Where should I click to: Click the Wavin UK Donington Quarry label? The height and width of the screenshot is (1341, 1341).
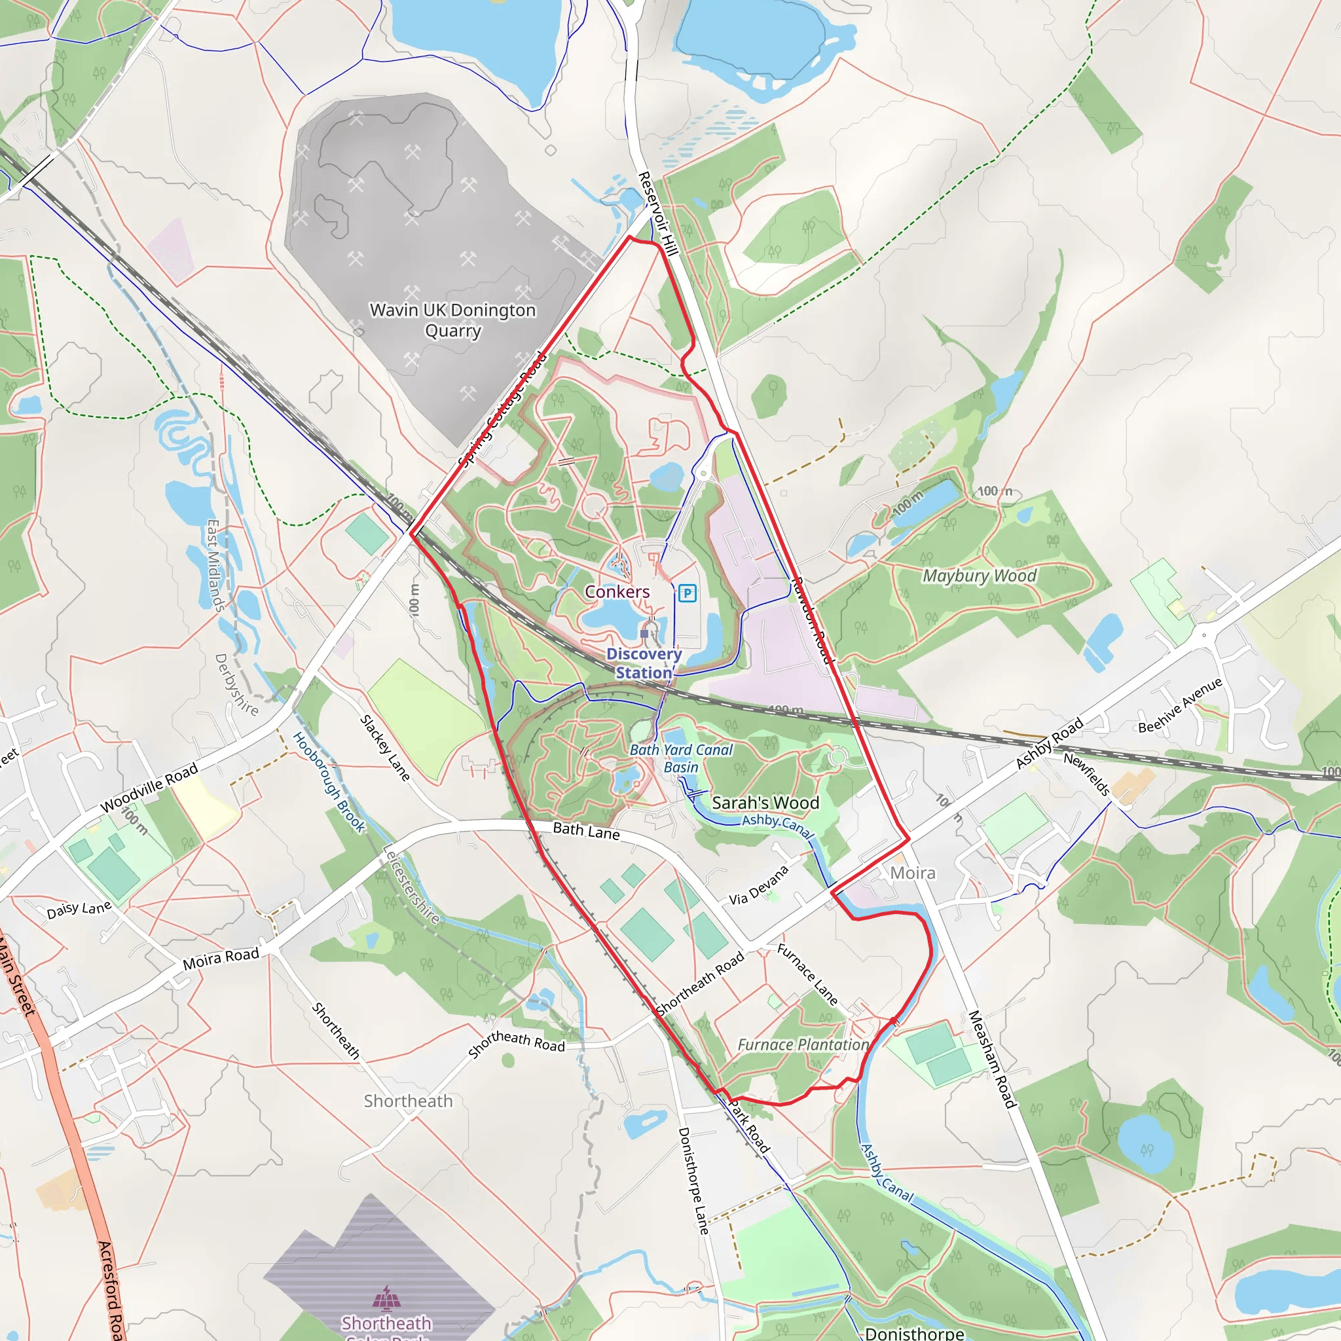pos(452,320)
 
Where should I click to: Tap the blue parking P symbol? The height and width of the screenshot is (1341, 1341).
pos(686,593)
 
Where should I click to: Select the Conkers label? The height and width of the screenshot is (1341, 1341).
pos(617,591)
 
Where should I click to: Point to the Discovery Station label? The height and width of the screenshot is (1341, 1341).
pos(644,663)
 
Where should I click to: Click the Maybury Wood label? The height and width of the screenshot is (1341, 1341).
pos(979,576)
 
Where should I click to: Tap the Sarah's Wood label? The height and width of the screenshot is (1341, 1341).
pos(765,802)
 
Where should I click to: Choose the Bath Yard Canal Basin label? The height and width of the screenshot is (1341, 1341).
pos(680,758)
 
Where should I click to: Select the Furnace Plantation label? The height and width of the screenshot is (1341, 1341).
pos(802,1044)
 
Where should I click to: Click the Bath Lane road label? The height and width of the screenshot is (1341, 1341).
pos(586,831)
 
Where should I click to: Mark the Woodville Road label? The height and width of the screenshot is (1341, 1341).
pos(149,787)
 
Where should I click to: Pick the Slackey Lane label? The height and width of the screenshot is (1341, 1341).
pos(384,748)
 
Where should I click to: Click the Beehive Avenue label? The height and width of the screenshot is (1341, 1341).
pos(1180,705)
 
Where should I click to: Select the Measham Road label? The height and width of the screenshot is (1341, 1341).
pos(992,1059)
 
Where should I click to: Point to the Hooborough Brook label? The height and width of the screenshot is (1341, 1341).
pos(328,782)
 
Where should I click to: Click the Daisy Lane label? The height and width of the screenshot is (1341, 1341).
pos(79,909)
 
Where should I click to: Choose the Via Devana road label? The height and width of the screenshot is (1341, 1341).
pos(759,885)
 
